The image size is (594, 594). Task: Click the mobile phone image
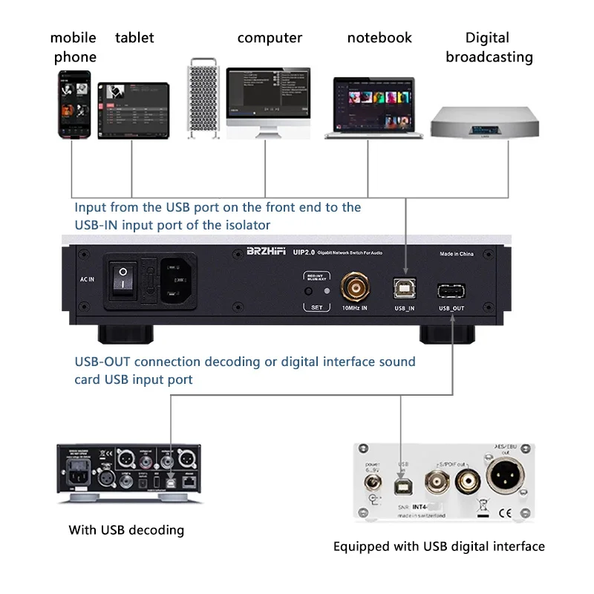(75, 104)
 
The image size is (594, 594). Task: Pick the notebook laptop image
(374, 107)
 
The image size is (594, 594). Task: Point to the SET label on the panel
(320, 307)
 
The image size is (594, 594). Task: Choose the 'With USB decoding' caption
(126, 530)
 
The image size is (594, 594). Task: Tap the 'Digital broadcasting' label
(489, 47)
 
